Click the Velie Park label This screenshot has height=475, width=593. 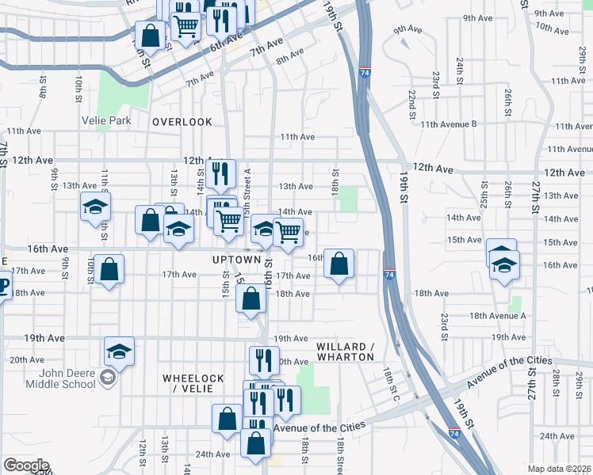105,121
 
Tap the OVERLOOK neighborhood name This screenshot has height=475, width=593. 182,121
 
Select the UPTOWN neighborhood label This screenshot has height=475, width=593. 236,260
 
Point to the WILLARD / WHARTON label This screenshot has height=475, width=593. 344,352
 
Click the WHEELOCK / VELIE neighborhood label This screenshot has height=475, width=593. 193,384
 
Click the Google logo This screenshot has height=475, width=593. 25,465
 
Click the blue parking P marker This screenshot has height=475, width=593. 2,286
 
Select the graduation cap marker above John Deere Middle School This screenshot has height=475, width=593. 119,351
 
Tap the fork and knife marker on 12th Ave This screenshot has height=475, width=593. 220,173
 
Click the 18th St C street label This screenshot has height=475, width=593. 389,384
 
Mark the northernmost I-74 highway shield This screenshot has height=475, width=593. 365,71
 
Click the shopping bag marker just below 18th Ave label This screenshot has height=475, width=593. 251,299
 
